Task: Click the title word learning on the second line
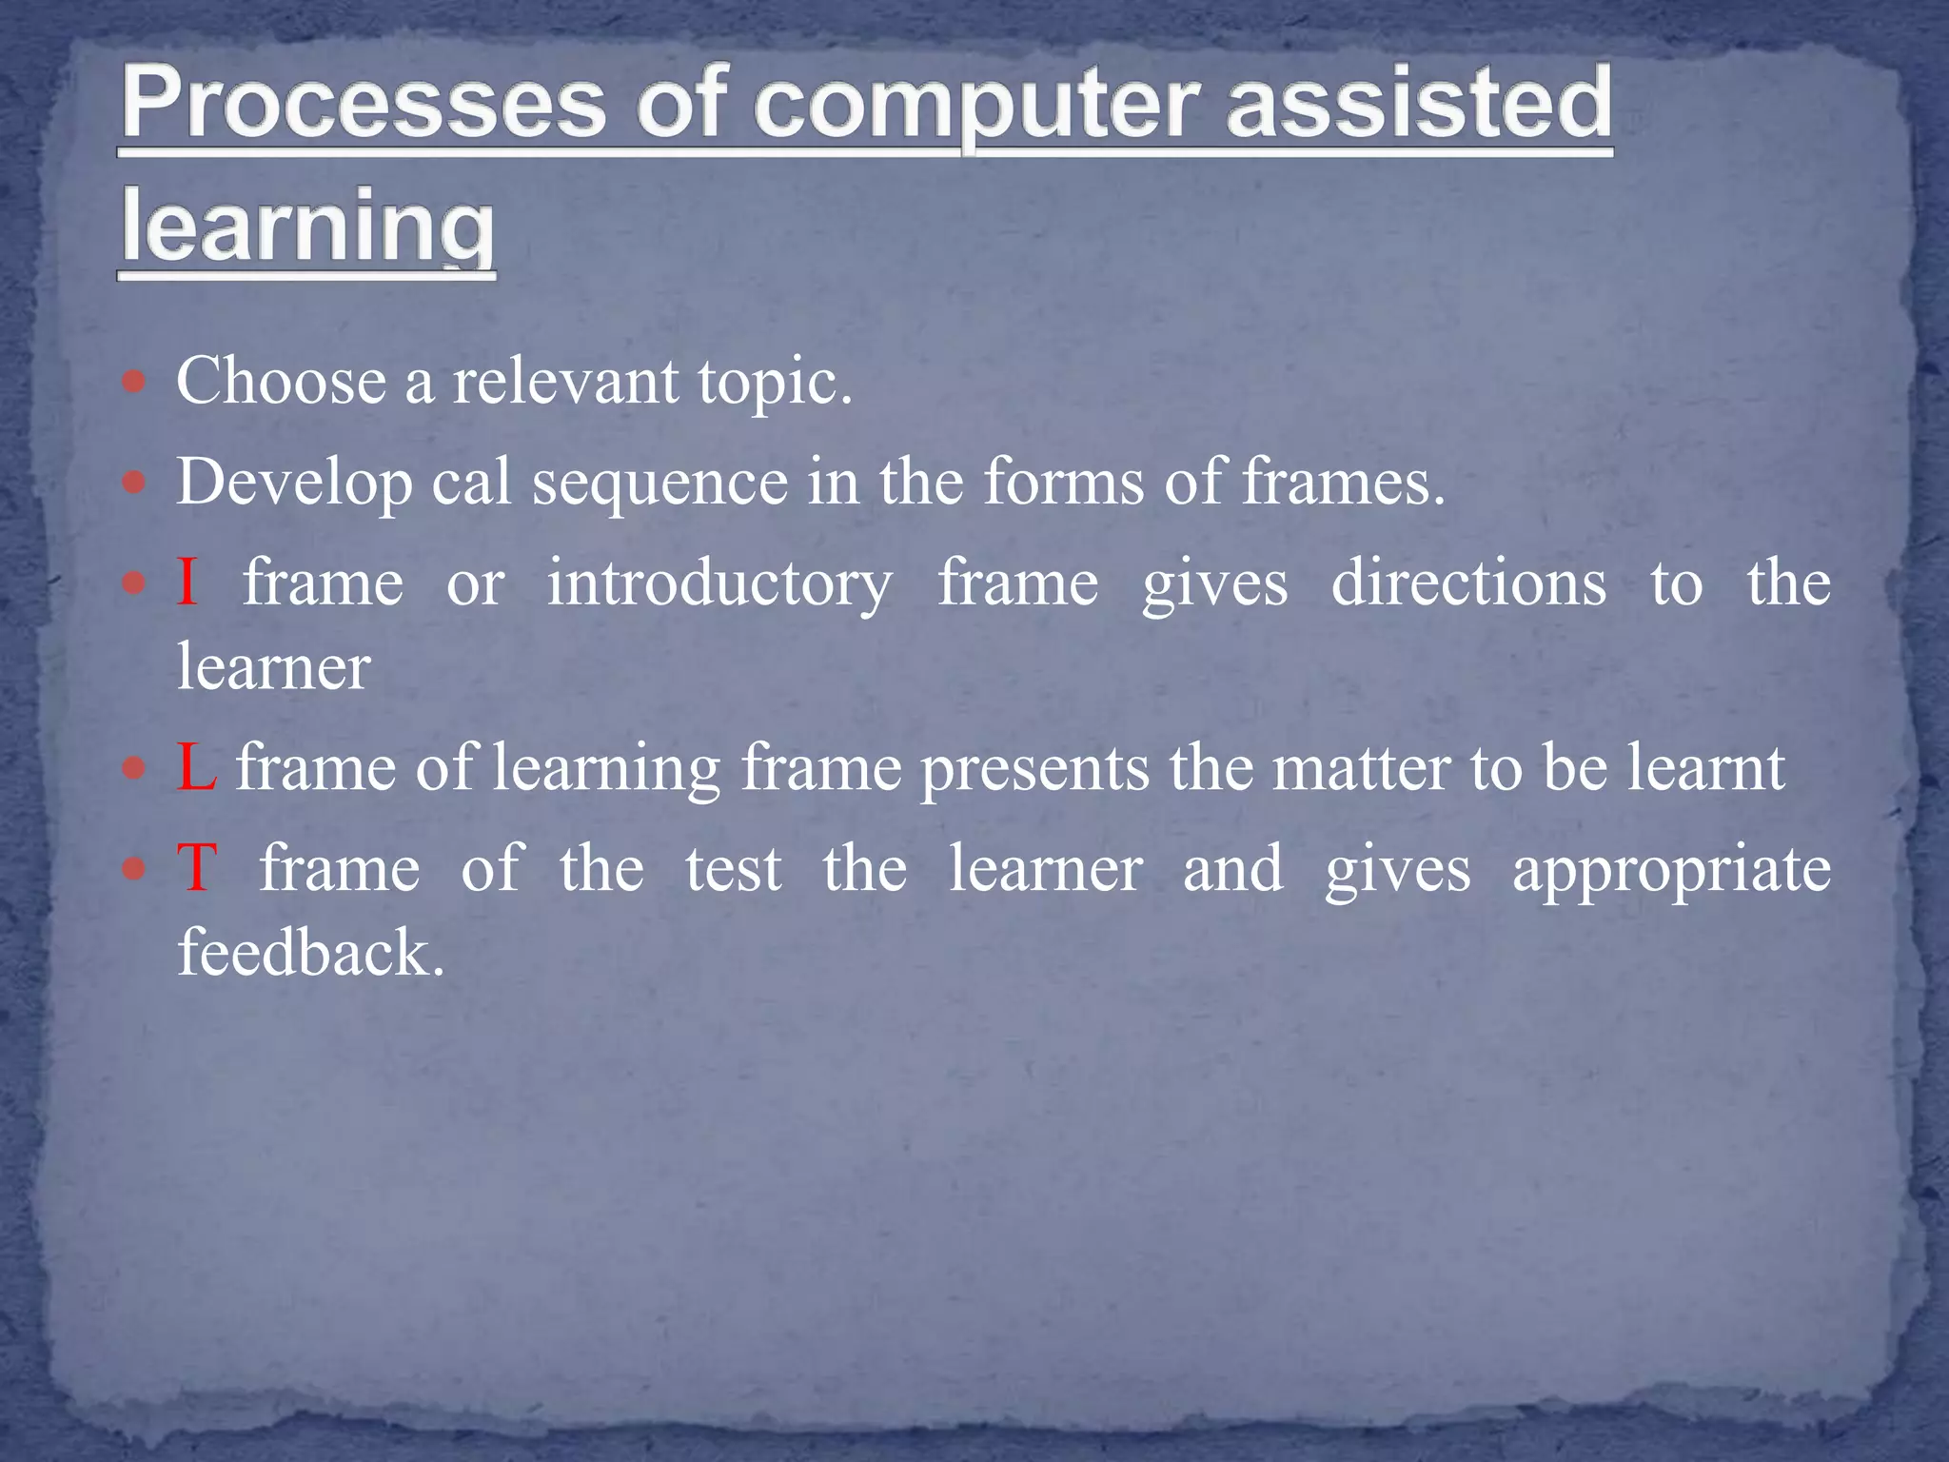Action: pyautogui.click(x=307, y=226)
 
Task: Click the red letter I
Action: pyautogui.click(x=187, y=582)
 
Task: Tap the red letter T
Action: pyautogui.click(x=197, y=868)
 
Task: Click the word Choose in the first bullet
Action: pyautogui.click(x=282, y=381)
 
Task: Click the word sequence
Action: pyautogui.click(x=660, y=483)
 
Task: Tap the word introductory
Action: pyautogui.click(x=719, y=583)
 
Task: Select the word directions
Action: pyautogui.click(x=1468, y=583)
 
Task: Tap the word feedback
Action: pyautogui.click(x=310, y=952)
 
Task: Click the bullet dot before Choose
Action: pyautogui.click(x=134, y=383)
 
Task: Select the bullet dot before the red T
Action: pyautogui.click(x=134, y=868)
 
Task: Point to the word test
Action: pyautogui.click(x=734, y=868)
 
